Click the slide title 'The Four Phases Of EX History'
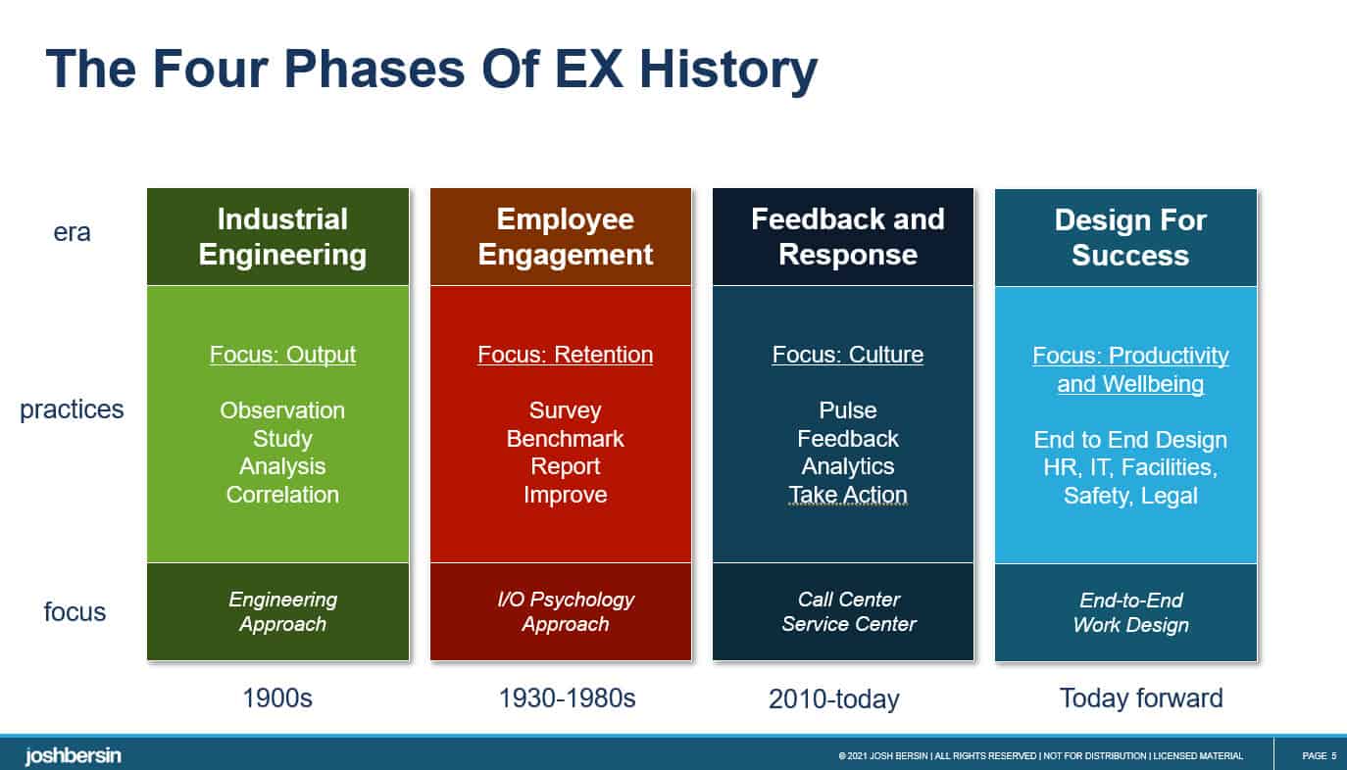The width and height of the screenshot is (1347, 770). tap(430, 69)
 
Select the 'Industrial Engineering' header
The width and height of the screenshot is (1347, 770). tap(282, 236)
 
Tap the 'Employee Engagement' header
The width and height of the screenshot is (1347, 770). tap(565, 236)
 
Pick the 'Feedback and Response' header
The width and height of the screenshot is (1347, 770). tap(847, 236)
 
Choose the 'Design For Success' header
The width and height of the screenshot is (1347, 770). tap(1129, 237)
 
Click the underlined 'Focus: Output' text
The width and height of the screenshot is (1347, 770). tap(282, 355)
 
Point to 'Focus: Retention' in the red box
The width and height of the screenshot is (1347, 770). tap(565, 355)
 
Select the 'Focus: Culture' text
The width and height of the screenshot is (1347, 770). tap(847, 355)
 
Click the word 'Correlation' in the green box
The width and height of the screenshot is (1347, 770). tap(282, 495)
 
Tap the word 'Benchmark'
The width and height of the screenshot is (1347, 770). tap(565, 439)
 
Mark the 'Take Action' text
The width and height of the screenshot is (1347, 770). tap(848, 495)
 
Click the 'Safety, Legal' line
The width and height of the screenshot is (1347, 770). tap(1130, 496)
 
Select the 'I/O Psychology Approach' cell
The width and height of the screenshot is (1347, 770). tap(565, 611)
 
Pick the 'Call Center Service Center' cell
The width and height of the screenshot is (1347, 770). tap(848, 611)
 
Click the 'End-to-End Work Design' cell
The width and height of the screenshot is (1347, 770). tap(1130, 612)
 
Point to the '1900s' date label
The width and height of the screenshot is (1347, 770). tap(277, 698)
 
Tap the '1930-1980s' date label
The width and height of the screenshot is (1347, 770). tap(567, 698)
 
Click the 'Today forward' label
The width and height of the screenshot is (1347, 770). tap(1141, 698)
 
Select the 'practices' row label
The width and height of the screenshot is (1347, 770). tap(72, 409)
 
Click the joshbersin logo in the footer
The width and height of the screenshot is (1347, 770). tap(73, 755)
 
